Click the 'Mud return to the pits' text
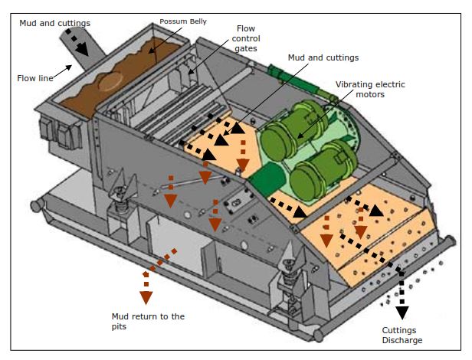click(x=148, y=322)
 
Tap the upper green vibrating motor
click(x=290, y=136)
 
